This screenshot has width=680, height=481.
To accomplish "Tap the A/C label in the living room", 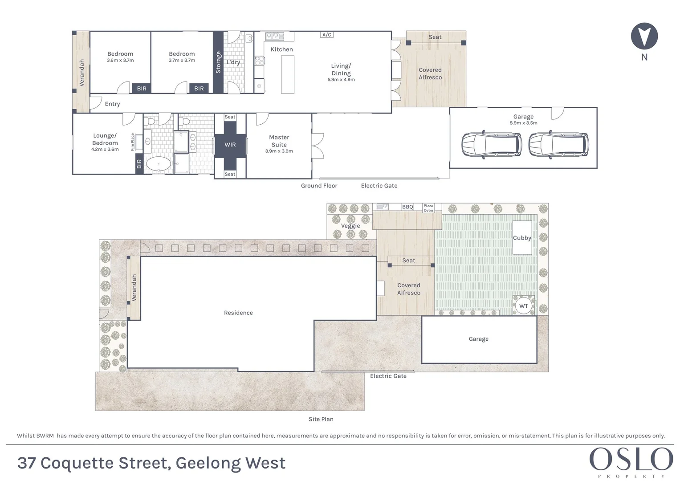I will point(326,35).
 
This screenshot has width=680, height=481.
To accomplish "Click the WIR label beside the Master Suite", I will point(230,145).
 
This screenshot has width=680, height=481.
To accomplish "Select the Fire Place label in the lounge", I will point(132,142).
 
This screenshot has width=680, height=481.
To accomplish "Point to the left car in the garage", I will point(492,144).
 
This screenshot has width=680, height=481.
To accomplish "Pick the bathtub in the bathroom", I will point(159,164).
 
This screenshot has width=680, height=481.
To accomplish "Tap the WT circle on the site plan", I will point(523,306).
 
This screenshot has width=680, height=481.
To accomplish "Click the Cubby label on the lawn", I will point(522,238).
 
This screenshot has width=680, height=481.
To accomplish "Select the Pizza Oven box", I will point(428,208).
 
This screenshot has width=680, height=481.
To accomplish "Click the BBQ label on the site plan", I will point(407,207).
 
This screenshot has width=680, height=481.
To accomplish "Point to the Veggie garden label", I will point(350,226).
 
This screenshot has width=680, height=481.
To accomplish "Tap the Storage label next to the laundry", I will point(218,62).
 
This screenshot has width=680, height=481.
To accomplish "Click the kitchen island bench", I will point(288,75).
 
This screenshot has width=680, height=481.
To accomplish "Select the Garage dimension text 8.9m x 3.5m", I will point(523,123).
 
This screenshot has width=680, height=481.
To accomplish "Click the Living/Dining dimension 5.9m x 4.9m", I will point(341,80).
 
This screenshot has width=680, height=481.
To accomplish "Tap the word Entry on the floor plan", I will point(112,104).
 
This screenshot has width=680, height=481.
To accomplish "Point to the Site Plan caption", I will point(321,419).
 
